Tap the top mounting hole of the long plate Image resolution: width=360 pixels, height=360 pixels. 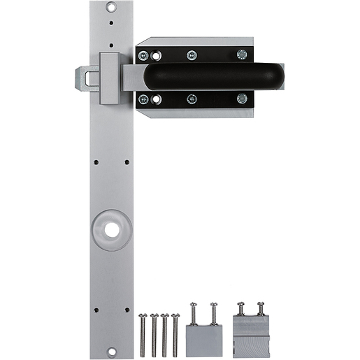(110, 7)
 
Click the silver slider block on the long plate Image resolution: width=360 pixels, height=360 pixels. (110, 78)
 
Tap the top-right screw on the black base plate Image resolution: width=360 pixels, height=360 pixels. (241, 54)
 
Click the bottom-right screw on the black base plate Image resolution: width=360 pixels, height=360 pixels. (241, 99)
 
